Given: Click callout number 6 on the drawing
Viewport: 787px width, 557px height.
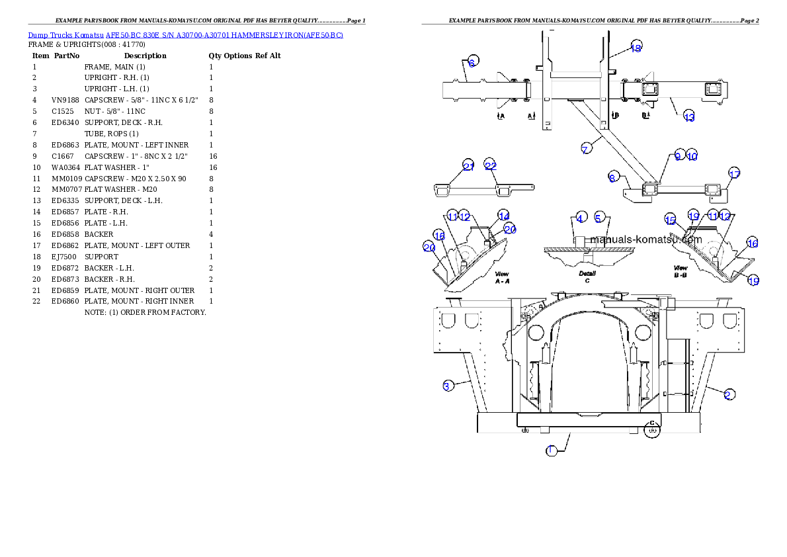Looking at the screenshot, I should click(x=472, y=63).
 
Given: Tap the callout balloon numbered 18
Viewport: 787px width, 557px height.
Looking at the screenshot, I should click(x=636, y=48).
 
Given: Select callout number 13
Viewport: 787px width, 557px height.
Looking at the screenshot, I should click(x=689, y=117).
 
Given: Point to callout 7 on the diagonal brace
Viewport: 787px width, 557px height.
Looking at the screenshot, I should click(x=586, y=149).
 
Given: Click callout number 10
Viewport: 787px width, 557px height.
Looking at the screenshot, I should click(x=692, y=156).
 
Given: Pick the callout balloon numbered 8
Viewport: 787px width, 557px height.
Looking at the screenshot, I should click(x=613, y=177).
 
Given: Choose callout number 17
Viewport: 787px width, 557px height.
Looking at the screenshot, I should click(x=734, y=174).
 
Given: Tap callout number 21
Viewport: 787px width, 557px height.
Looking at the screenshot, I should click(x=468, y=167).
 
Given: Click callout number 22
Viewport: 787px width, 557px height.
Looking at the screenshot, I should click(x=490, y=165).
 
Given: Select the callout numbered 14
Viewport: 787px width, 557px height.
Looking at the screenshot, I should click(x=504, y=216).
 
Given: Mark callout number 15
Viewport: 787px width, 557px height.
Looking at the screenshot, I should click(x=671, y=220).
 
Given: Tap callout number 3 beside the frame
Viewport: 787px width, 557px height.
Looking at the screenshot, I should click(x=448, y=386).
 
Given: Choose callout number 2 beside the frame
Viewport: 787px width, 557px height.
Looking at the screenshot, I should click(x=727, y=395).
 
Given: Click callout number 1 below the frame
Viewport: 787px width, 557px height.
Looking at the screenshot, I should click(x=551, y=450).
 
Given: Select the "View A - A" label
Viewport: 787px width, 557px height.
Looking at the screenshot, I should click(x=503, y=277).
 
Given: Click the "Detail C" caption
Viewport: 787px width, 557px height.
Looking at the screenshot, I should click(x=587, y=277).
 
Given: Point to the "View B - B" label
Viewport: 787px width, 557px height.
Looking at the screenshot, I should click(x=681, y=272).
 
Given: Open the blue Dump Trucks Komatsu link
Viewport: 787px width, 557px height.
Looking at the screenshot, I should click(x=185, y=34).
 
